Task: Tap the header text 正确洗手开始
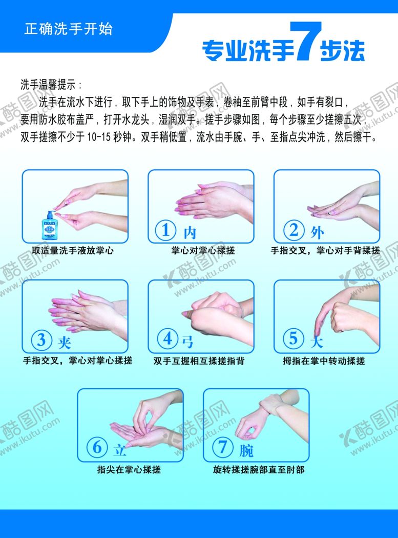pos(68,28)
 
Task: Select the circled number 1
pos(166,231)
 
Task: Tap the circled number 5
pos(293,338)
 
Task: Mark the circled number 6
pos(97,448)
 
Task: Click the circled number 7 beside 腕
pos(223,448)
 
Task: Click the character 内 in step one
pos(190,232)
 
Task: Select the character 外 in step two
pos(317,232)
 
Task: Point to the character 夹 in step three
pos(64,341)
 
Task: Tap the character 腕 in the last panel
pos(246,450)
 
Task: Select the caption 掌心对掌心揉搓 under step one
pos(203,251)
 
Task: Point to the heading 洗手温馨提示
pos(51,85)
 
